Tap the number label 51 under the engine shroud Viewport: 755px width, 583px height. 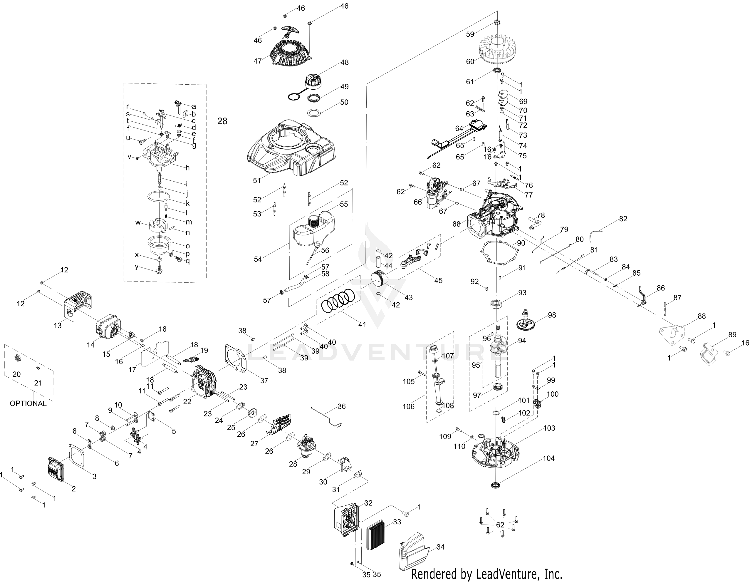pyautogui.click(x=257, y=180)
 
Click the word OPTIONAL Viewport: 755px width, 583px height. pyautogui.click(x=28, y=403)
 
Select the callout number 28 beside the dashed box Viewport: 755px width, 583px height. pyautogui.click(x=222, y=121)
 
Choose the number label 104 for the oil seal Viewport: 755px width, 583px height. pyautogui.click(x=548, y=458)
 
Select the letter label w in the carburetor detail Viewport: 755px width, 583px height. pyautogui.click(x=138, y=222)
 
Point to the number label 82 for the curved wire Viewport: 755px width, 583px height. pyautogui.click(x=623, y=219)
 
